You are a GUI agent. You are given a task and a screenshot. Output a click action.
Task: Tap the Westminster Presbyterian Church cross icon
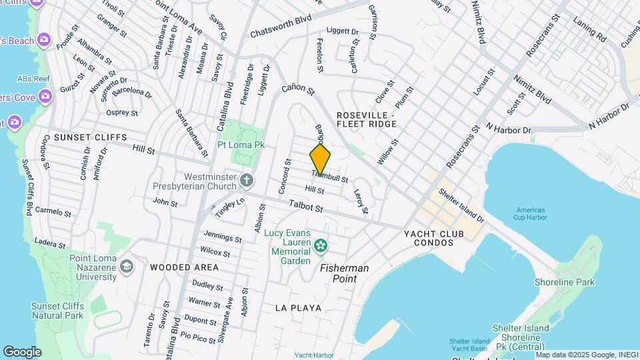(x=247, y=180)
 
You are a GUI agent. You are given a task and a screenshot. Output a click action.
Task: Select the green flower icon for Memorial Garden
(x=321, y=246)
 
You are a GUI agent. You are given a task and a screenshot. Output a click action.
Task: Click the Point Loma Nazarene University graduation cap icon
(x=126, y=267)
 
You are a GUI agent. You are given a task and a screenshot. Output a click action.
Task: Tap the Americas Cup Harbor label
(x=531, y=213)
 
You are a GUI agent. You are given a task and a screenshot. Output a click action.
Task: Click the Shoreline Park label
(x=565, y=283)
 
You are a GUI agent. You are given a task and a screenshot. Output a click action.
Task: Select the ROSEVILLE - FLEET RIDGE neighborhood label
(x=366, y=119)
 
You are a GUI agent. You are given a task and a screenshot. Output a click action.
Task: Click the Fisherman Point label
(x=345, y=273)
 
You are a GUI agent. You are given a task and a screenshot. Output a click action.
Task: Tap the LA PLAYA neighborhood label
(x=298, y=308)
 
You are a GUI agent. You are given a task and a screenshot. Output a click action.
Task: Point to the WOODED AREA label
(x=184, y=267)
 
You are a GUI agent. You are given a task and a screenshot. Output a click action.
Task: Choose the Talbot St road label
(x=306, y=208)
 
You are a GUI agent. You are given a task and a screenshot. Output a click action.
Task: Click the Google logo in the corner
(x=22, y=351)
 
